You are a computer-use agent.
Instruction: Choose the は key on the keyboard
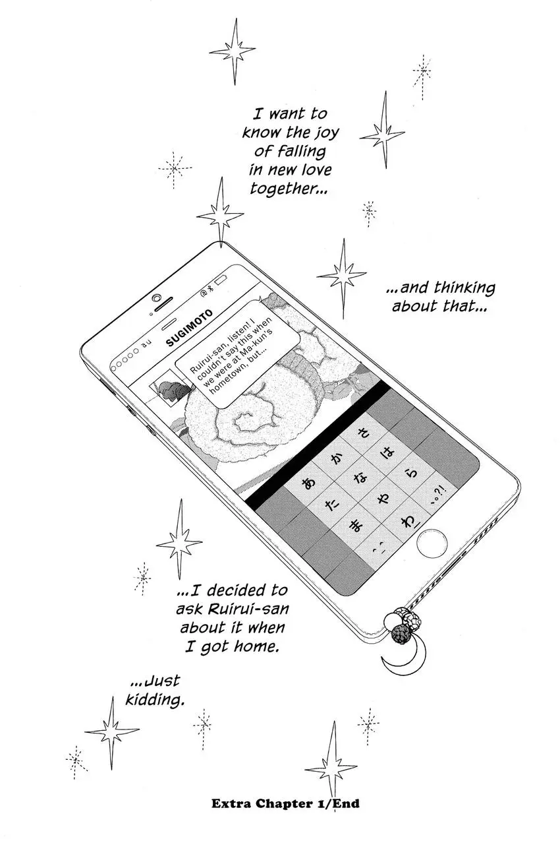coord(389,454)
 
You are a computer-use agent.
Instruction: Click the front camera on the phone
coord(157,298)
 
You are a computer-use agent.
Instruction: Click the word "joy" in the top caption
coord(324,132)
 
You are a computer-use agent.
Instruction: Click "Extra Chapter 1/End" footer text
coord(285,804)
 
